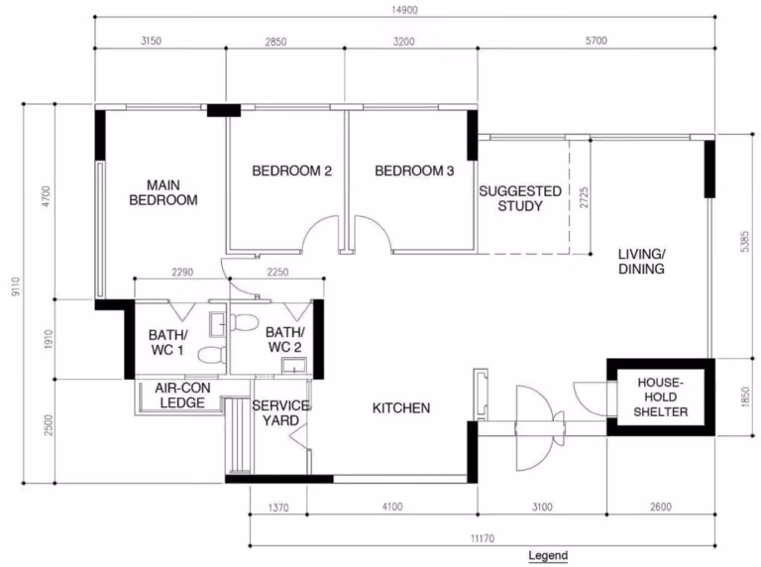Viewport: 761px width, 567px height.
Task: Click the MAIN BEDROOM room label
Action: (163, 192)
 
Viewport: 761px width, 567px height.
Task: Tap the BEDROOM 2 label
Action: (292, 170)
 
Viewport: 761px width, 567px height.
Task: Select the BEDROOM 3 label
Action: (414, 170)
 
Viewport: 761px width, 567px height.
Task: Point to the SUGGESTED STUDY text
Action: (520, 198)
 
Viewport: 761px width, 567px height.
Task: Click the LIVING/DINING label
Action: (642, 261)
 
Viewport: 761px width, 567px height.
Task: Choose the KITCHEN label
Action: (401, 408)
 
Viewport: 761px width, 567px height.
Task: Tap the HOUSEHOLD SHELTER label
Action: (661, 397)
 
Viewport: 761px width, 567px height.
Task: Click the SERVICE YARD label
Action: (281, 412)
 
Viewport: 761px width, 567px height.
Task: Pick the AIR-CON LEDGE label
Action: (182, 396)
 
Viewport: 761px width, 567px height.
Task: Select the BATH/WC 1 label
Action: (167, 342)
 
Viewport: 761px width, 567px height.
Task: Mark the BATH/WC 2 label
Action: (285, 340)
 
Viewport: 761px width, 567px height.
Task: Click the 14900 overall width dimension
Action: (404, 10)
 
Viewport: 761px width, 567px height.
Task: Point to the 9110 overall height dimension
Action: (16, 286)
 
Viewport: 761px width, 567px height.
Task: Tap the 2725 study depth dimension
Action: (584, 197)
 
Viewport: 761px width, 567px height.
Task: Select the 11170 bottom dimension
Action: (483, 538)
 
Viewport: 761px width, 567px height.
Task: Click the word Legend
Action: (548, 556)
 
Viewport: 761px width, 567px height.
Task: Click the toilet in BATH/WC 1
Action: (212, 355)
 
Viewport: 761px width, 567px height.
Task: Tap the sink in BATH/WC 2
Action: (294, 366)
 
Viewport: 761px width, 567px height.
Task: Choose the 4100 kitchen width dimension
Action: (392, 507)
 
